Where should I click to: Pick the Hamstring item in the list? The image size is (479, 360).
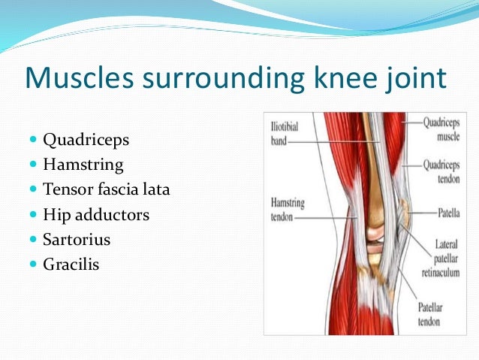[x=83, y=164]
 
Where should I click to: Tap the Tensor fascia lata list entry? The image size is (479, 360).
[x=107, y=189]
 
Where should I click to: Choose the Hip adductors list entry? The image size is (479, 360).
[x=96, y=215]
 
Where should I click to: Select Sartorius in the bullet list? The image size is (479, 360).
[x=77, y=240]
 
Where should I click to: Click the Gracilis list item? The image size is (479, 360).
[x=71, y=265]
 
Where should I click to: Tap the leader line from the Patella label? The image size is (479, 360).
[x=420, y=213]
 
